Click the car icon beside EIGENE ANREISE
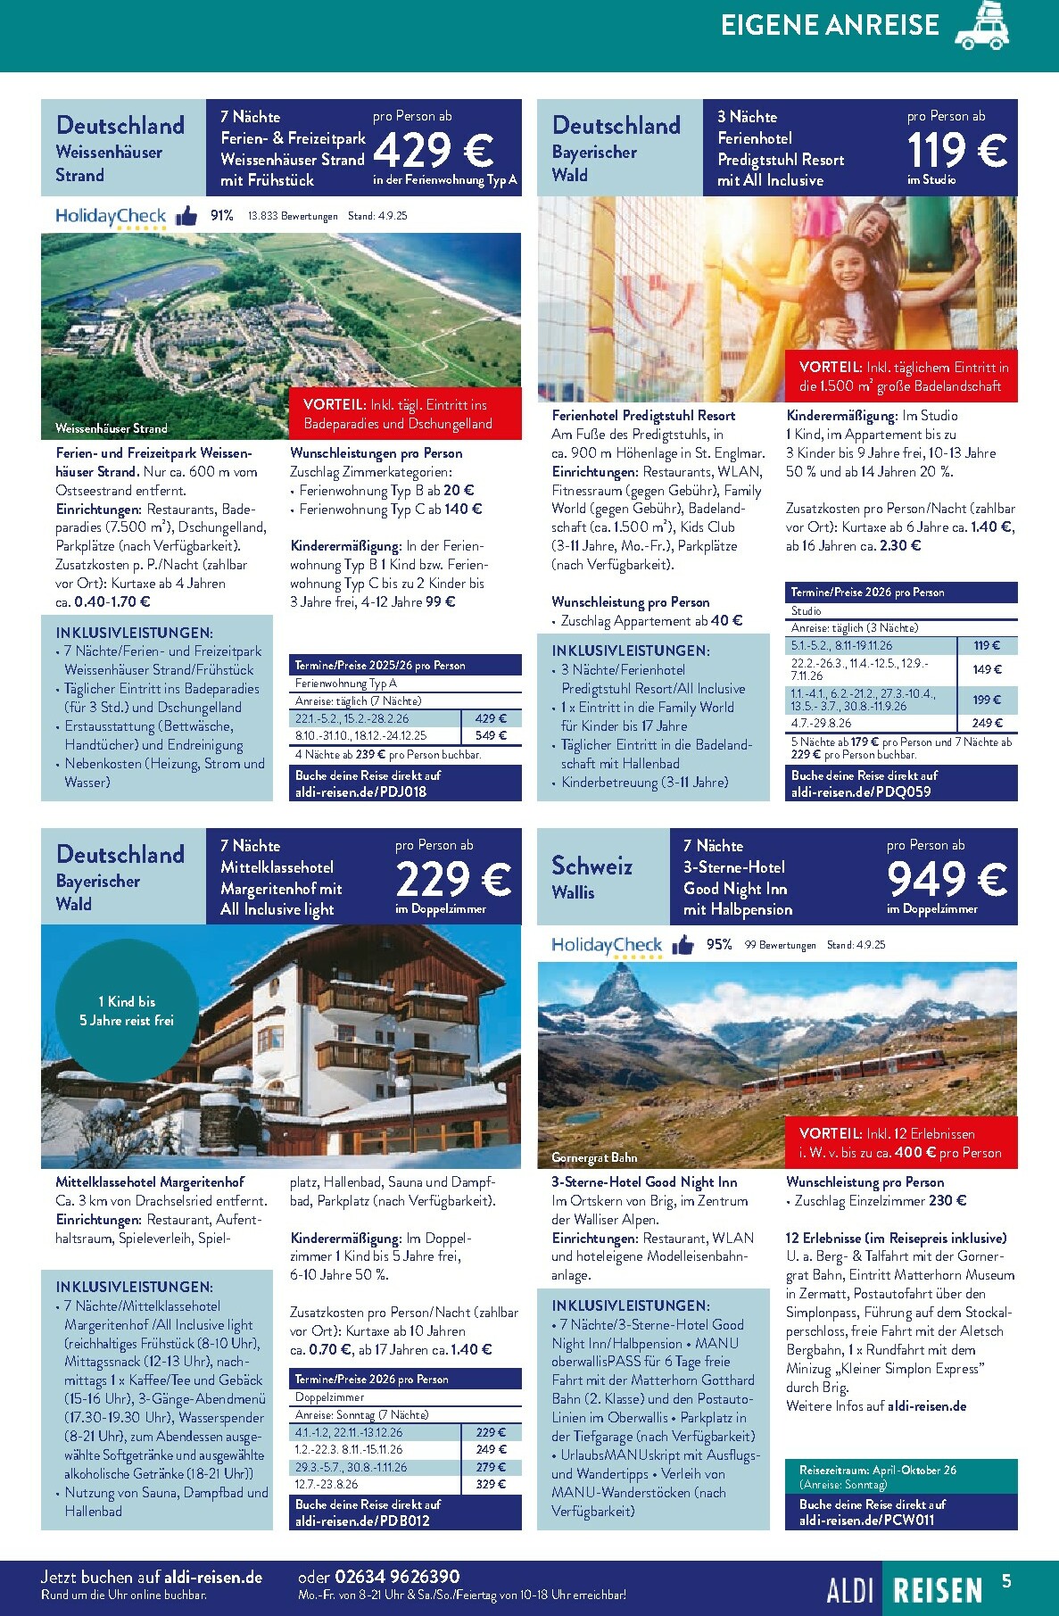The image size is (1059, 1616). point(982,27)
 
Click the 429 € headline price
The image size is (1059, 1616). point(433,150)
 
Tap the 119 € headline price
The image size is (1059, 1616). point(956,149)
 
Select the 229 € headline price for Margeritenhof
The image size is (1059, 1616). point(453,879)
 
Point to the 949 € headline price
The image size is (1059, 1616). point(947,879)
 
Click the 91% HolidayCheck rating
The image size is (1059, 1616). point(221,216)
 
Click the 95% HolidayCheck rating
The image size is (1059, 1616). point(719,945)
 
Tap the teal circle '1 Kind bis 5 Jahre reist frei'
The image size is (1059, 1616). point(127,1011)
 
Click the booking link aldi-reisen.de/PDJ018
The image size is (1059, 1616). point(360,791)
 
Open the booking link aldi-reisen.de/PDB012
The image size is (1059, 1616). point(362,1521)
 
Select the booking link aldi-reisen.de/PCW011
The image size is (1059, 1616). point(866,1520)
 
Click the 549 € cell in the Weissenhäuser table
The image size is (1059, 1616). point(491,736)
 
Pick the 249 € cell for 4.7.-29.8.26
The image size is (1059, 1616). point(987,724)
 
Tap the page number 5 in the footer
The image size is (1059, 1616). point(1006,1581)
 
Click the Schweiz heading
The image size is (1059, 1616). point(592,866)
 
